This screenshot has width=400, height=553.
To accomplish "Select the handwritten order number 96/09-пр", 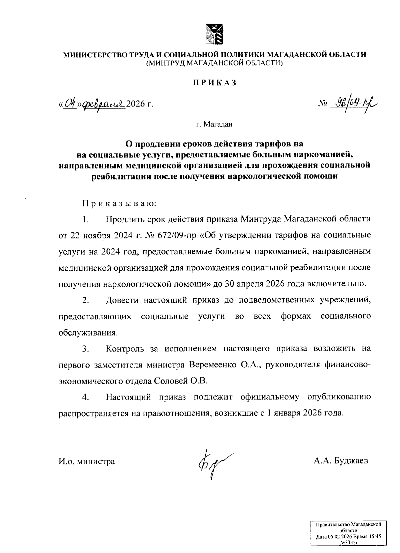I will coord(353,104).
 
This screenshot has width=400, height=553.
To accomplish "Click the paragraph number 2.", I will coord(85,300).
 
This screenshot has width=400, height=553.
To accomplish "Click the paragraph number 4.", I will coord(85,397).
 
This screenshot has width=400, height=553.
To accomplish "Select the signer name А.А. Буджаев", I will coord(341,461).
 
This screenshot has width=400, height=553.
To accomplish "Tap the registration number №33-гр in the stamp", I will coord(348,543).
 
